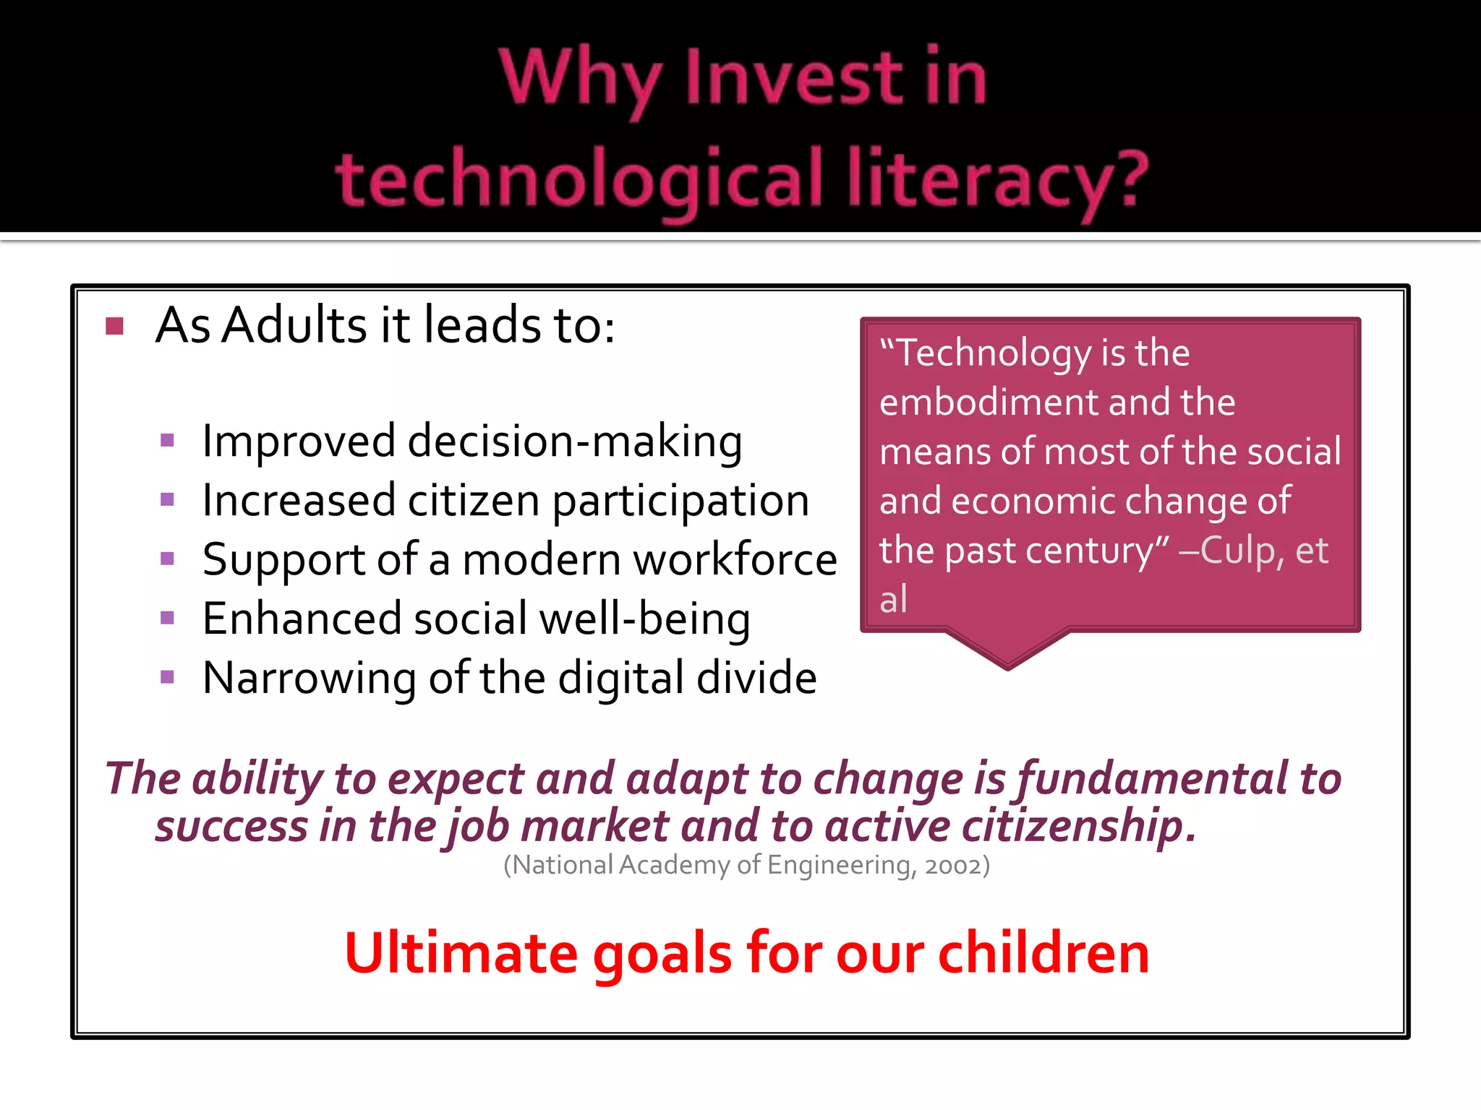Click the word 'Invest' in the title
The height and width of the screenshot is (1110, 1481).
tap(795, 78)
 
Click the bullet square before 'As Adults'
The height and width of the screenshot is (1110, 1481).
tap(114, 327)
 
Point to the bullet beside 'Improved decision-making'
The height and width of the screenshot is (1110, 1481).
tap(168, 440)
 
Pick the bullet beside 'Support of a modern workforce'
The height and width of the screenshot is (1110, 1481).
tap(168, 559)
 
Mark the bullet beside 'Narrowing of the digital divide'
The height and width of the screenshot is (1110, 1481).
tap(168, 677)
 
